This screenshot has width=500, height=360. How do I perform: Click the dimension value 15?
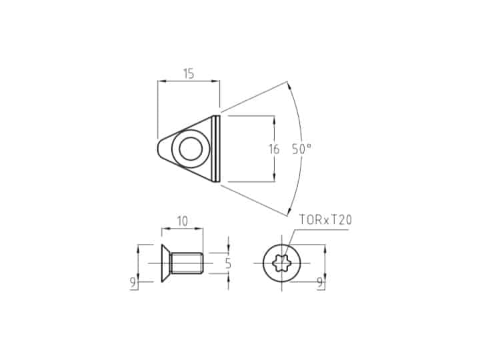[189, 74]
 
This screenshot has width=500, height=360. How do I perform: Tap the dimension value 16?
[274, 149]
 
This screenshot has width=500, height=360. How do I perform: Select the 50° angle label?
[301, 149]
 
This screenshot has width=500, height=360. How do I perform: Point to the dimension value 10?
[183, 221]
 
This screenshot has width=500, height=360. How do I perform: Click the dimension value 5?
[228, 263]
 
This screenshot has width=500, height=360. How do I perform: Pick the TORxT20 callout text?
[325, 220]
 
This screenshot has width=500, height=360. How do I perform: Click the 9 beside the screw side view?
[133, 282]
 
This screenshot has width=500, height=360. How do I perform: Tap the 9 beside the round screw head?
[320, 283]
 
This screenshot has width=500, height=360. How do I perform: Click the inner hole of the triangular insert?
[191, 149]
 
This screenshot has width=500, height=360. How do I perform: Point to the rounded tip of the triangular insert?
[159, 149]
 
